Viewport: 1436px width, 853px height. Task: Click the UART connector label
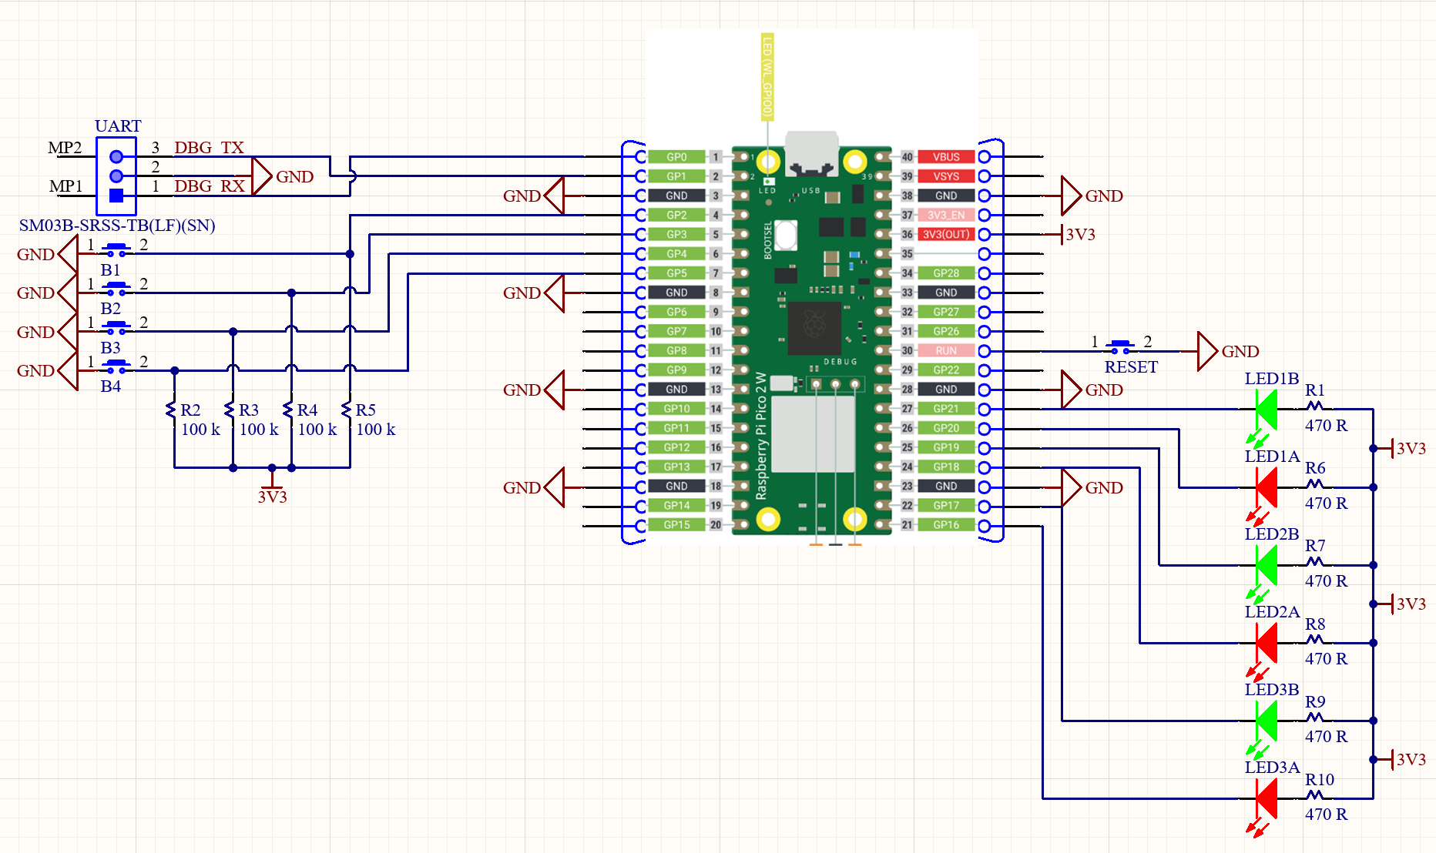tap(118, 125)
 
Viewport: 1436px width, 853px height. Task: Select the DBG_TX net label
tap(209, 147)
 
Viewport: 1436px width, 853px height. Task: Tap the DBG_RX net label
tap(209, 186)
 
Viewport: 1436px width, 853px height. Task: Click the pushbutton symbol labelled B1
tap(116, 249)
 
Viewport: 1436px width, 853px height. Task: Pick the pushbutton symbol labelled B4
tap(116, 366)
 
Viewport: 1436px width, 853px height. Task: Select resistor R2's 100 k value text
tap(200, 430)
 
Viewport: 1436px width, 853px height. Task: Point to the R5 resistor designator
tap(365, 410)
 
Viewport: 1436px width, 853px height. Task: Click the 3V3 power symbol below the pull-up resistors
tap(272, 493)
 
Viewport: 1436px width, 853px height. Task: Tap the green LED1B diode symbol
tap(1266, 410)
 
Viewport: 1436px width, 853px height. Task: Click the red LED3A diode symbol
tap(1266, 798)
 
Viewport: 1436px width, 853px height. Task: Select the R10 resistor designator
tap(1320, 779)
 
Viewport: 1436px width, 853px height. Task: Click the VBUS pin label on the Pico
tap(946, 157)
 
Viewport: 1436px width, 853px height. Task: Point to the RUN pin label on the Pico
tap(946, 351)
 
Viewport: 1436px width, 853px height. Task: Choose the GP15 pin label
tap(676, 525)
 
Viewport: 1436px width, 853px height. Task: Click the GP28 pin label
tap(946, 273)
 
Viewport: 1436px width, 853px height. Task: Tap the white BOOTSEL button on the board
tap(785, 235)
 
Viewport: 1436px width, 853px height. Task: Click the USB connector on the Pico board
tap(811, 154)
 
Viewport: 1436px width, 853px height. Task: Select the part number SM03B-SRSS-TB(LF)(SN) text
tap(117, 226)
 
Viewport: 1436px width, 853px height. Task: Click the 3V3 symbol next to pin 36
tap(1079, 235)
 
